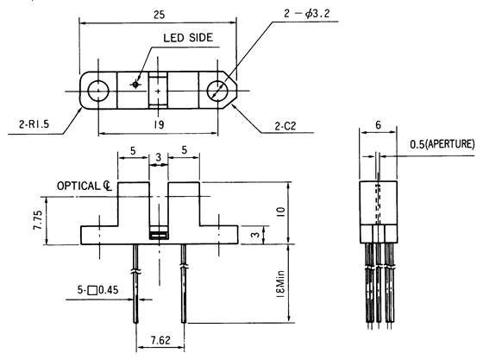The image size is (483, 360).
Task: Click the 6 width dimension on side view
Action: [x=376, y=125]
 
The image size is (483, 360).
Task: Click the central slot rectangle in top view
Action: [x=159, y=89]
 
